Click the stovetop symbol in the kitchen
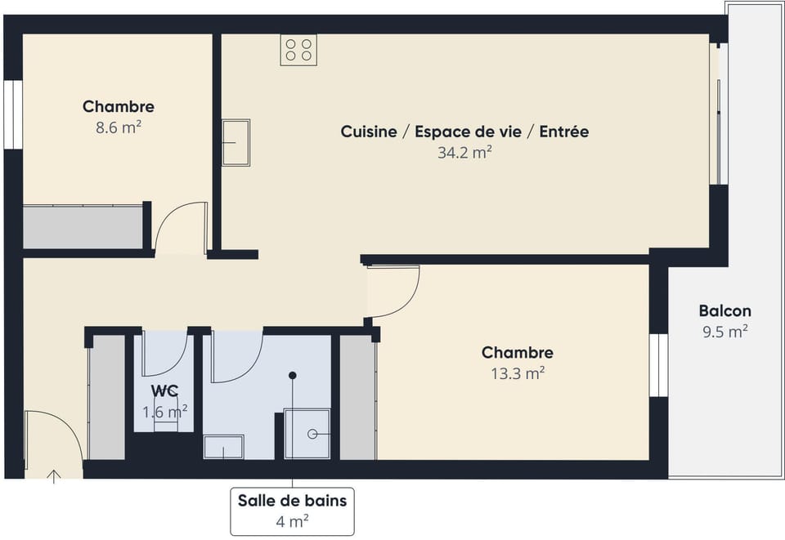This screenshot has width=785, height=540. [298, 50]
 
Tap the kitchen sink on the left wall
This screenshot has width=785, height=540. [235, 143]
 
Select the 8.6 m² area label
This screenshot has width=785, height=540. [119, 128]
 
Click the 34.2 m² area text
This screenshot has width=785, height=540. [464, 153]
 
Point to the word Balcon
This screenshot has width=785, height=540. [724, 311]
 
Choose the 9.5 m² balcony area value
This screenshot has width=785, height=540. [724, 332]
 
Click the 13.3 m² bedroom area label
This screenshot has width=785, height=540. [517, 373]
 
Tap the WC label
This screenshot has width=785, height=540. [165, 391]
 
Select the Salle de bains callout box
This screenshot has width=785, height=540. [292, 511]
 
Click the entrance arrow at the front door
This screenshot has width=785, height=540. [55, 475]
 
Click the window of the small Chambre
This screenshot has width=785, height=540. [12, 114]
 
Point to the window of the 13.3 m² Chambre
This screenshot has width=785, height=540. [658, 365]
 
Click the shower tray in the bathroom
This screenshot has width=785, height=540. [307, 434]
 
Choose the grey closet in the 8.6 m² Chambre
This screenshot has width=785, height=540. [83, 227]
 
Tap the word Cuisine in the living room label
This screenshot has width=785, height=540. [369, 132]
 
